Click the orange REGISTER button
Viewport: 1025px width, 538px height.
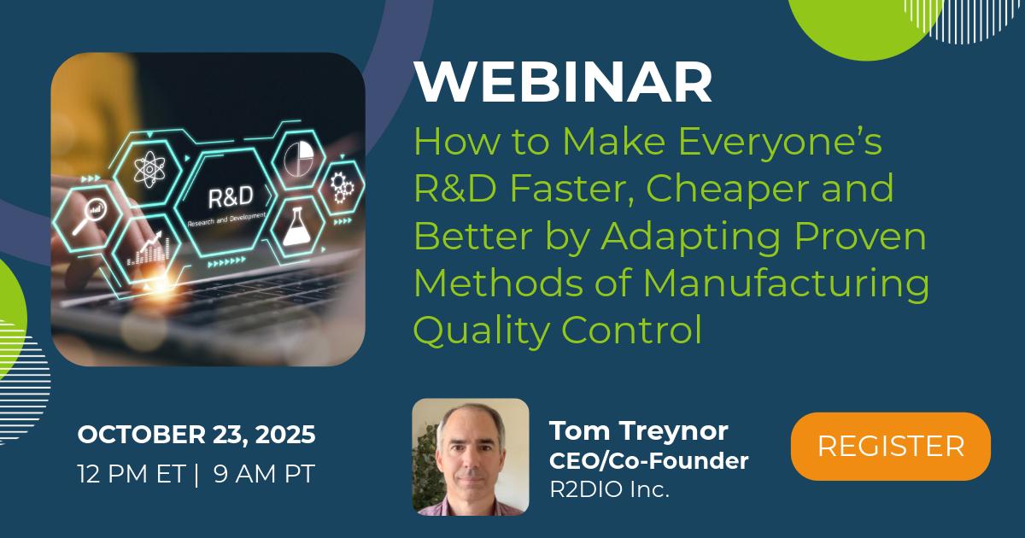[890, 446]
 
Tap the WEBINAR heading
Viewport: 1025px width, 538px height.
[563, 82]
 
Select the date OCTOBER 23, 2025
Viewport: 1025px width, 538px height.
[196, 434]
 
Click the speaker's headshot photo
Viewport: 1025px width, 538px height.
[471, 457]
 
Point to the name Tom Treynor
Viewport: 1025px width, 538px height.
[639, 431]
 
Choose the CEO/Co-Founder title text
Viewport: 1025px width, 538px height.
[649, 460]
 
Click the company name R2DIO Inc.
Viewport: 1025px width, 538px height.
[610, 489]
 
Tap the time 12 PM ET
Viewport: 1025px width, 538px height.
[131, 473]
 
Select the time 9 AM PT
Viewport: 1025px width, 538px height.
[264, 473]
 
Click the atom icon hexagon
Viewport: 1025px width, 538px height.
[149, 169]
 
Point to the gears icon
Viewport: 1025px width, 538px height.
[343, 187]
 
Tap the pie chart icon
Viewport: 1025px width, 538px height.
[298, 159]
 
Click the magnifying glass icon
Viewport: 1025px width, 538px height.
[89, 216]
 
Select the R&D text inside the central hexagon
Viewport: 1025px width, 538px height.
[230, 197]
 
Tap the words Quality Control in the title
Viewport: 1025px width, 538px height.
[557, 330]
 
